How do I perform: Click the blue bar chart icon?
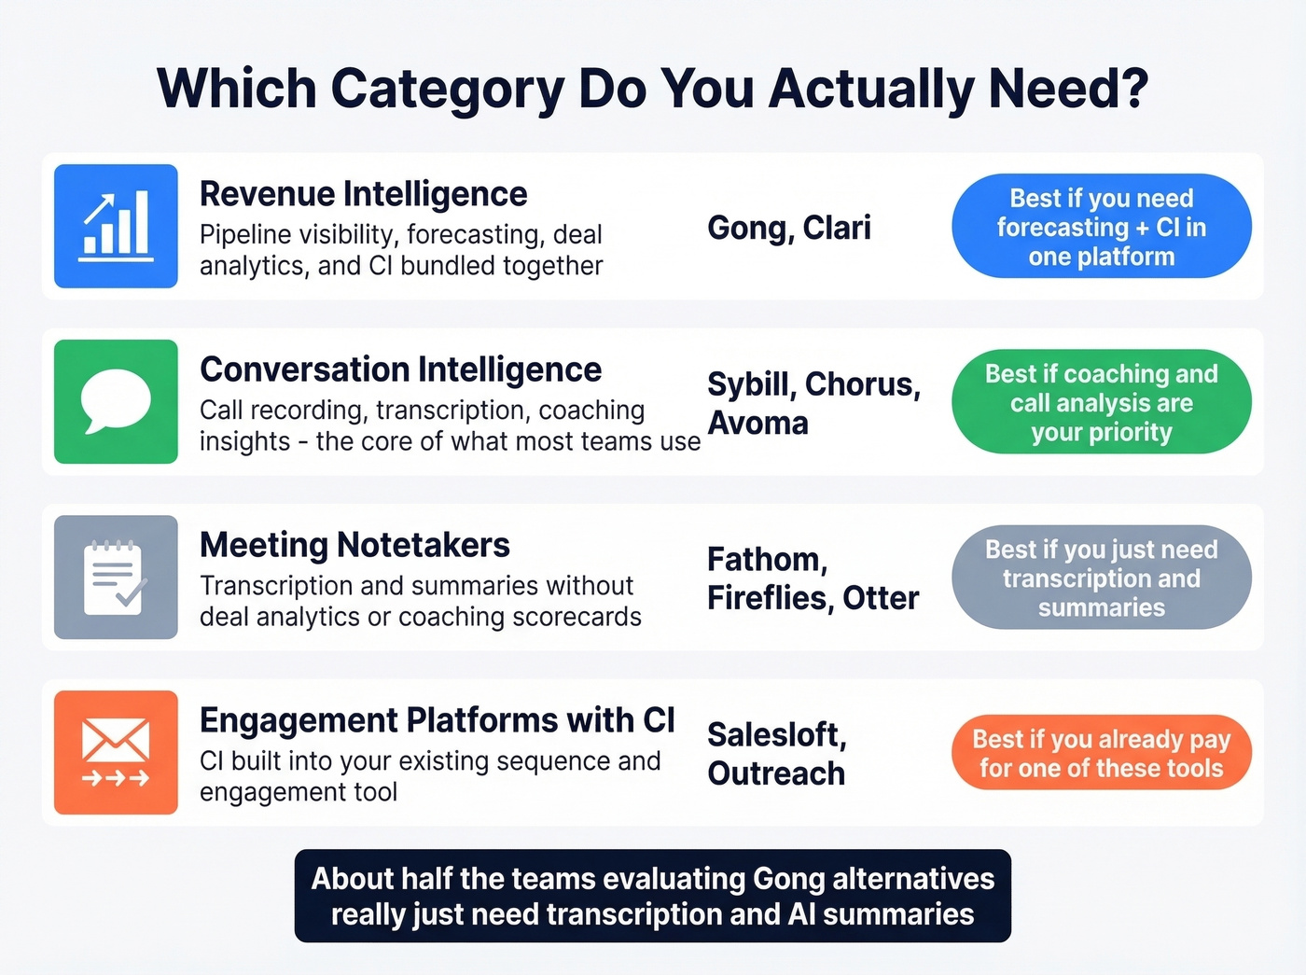(116, 226)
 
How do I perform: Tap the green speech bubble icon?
(116, 401)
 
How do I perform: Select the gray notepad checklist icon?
(116, 577)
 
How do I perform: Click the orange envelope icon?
(116, 752)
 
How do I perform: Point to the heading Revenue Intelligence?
(363, 194)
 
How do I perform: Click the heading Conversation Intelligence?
(400, 369)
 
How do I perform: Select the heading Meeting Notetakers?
(354, 545)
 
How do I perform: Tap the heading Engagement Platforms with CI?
(437, 720)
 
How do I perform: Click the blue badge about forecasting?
(1101, 227)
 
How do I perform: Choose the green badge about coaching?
(1101, 402)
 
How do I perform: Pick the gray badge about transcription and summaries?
(1101, 578)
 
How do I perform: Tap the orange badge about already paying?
(1101, 753)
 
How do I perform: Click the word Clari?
(837, 228)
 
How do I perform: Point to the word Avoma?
(757, 424)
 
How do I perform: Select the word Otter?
(881, 598)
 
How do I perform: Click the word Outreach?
(776, 773)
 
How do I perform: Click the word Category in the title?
(447, 89)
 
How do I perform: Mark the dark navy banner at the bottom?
(652, 896)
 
